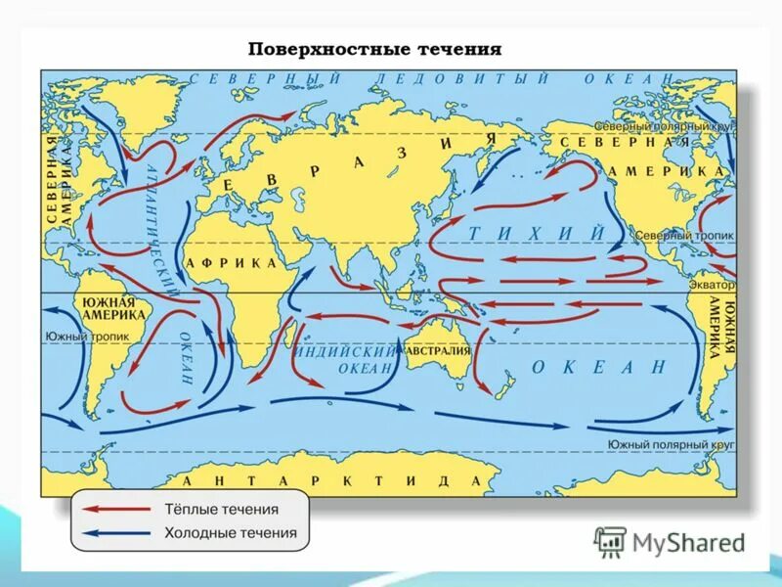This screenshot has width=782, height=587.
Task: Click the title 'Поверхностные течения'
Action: pyautogui.click(x=373, y=48)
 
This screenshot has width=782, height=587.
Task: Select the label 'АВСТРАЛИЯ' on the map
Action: pyautogui.click(x=437, y=350)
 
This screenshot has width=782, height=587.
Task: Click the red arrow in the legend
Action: pyautogui.click(x=116, y=510)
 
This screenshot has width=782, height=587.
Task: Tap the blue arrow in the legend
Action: pyautogui.click(x=116, y=533)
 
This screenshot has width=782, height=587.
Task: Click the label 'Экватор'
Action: pyautogui.click(x=710, y=285)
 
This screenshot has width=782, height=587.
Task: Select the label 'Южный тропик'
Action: pyautogui.click(x=80, y=337)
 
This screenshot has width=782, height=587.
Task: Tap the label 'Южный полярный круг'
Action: pyautogui.click(x=670, y=445)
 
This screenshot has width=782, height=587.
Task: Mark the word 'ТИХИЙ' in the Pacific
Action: pyautogui.click(x=536, y=233)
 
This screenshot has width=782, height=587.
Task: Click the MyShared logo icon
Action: pyautogui.click(x=611, y=541)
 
